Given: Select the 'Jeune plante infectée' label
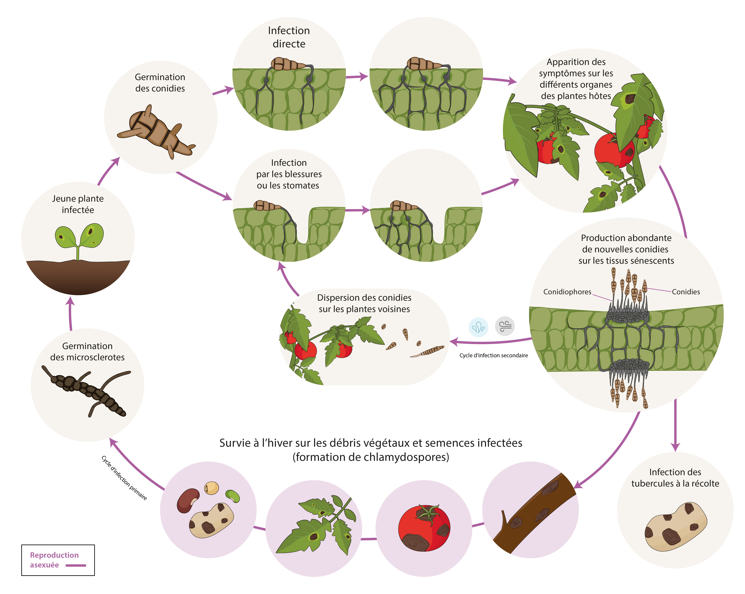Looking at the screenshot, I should tap(78, 204).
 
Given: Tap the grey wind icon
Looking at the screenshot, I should tap(504, 326).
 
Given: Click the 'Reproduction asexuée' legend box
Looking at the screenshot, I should tap(58, 560).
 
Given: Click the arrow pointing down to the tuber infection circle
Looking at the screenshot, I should tap(675, 426).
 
